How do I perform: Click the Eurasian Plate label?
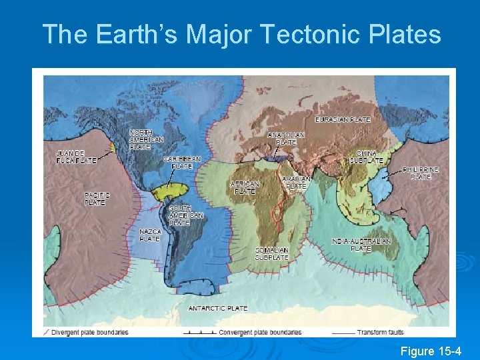tap(343, 119)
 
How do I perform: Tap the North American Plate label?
tap(146, 139)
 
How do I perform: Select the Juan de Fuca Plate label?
tap(75, 156)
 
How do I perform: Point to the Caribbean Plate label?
tap(182, 162)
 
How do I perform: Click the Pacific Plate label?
tap(97, 199)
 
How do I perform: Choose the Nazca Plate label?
tap(150, 235)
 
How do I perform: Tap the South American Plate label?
tap(186, 216)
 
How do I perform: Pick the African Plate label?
tap(245, 187)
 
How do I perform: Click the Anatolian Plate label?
tap(287, 138)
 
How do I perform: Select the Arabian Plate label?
tap(296, 183)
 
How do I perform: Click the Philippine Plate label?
tap(421, 173)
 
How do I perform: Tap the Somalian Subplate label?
tap(271, 253)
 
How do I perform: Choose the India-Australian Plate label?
tap(361, 245)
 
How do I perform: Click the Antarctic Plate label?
tap(218, 308)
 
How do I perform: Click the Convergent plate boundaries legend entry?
tap(261, 332)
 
